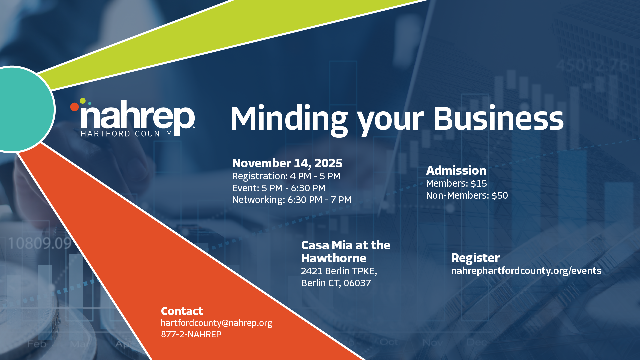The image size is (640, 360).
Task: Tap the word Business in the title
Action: point(498,118)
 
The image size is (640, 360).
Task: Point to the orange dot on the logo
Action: point(74,107)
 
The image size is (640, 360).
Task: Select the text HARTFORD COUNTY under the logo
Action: point(126,134)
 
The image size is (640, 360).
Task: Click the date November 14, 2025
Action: point(287,163)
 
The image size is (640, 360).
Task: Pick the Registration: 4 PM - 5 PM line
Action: point(286,176)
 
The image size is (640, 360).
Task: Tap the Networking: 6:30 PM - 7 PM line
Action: point(292,200)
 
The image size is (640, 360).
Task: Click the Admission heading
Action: point(456,170)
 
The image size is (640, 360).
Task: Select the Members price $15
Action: point(479,183)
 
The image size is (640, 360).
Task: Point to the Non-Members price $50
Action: point(500,195)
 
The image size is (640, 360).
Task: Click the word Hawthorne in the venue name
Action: point(334,258)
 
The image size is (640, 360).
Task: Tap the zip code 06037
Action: point(357,283)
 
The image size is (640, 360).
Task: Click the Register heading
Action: point(475,258)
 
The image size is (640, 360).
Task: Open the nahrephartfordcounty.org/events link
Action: point(526,271)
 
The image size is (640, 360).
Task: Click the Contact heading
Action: point(182,311)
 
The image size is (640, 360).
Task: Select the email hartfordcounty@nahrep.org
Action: point(216,323)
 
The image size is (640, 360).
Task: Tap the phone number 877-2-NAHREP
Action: point(191,334)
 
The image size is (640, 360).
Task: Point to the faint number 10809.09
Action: point(40,243)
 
